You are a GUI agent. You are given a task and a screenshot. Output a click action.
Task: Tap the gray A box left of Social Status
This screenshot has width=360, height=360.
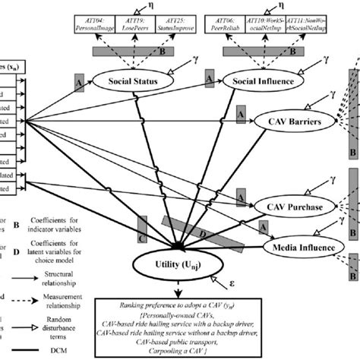pos(80,80)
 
